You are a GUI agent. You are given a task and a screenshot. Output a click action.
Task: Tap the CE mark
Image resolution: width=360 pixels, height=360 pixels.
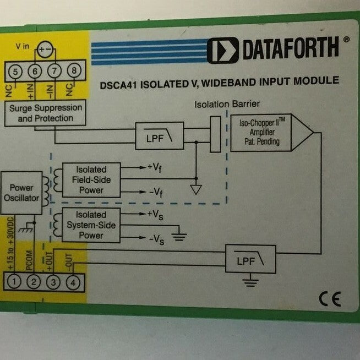click(x=330, y=299)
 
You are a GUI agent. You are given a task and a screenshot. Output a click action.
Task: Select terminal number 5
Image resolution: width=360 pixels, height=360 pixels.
click(x=16, y=70)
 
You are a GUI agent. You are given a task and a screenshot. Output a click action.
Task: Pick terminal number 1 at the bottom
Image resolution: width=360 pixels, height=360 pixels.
click(x=16, y=282)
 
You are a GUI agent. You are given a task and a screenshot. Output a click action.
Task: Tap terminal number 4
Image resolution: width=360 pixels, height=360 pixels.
click(x=72, y=282)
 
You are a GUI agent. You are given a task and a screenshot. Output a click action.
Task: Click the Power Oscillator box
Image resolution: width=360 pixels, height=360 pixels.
click(x=21, y=193)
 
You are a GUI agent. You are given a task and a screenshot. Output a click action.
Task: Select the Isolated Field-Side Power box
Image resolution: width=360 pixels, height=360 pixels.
click(x=90, y=180)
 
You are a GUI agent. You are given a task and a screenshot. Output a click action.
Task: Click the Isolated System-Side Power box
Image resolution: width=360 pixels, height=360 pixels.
click(x=90, y=225)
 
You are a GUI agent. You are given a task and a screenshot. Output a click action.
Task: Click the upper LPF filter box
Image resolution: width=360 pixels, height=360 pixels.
click(x=159, y=135)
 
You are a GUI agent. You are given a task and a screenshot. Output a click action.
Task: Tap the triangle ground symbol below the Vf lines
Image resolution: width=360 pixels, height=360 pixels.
click(x=195, y=190)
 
